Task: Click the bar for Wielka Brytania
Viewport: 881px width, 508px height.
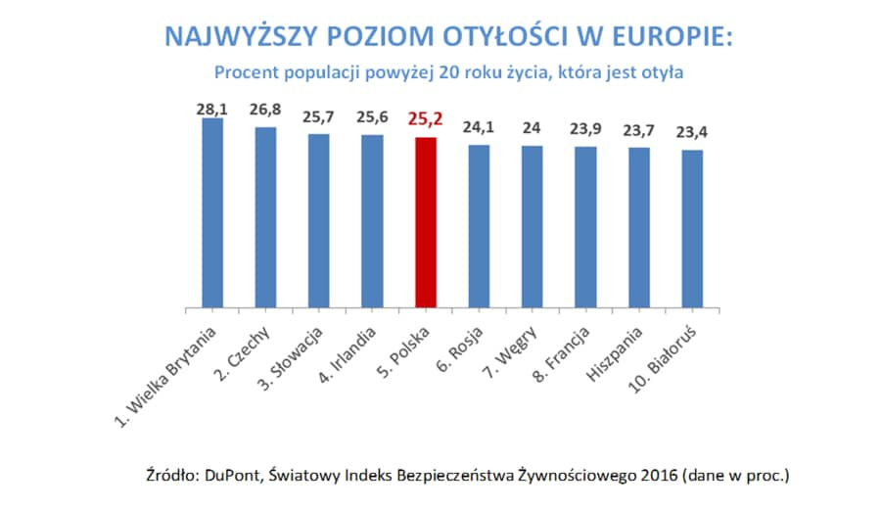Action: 212,213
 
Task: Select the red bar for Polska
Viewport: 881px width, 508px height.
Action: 425,223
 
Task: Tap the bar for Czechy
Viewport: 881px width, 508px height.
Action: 265,218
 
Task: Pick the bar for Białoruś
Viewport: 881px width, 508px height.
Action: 692,229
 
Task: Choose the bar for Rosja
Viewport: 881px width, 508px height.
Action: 479,227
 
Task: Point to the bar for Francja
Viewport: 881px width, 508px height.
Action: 585,227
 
